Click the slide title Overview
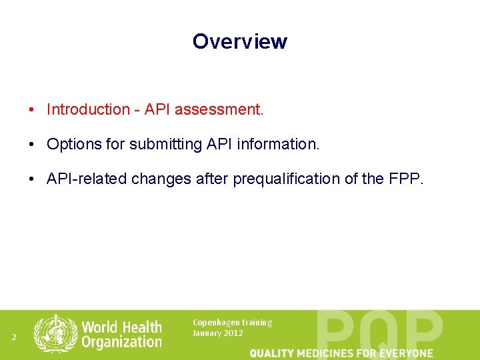click(x=239, y=41)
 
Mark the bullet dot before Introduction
click(x=31, y=110)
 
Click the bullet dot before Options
click(x=31, y=145)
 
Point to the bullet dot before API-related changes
click(x=31, y=179)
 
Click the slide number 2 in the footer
click(x=14, y=337)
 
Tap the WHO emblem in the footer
click(x=56, y=333)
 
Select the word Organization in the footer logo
click(x=121, y=342)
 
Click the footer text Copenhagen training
click(x=232, y=323)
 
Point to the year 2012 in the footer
click(x=233, y=333)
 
